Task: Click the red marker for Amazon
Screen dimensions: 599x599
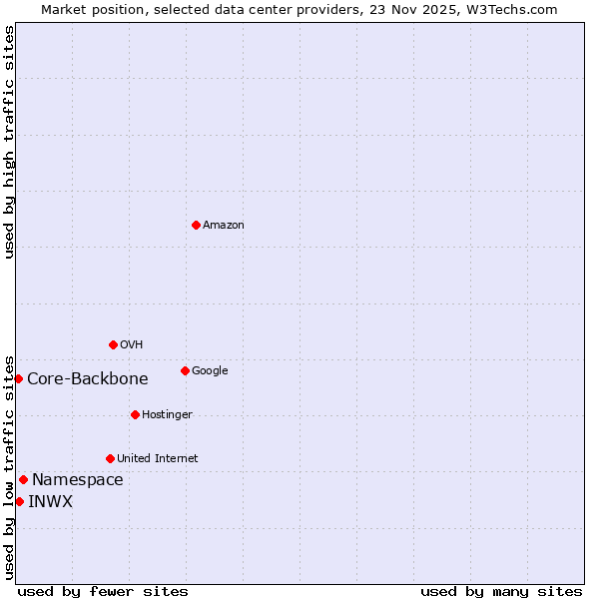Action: [196, 225]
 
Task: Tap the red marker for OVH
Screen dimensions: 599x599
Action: [113, 344]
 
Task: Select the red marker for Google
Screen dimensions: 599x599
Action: [185, 370]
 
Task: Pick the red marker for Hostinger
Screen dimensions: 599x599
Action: [135, 414]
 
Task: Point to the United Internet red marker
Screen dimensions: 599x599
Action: [110, 458]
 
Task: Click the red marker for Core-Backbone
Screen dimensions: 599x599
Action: [18, 378]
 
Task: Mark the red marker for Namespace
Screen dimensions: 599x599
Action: [23, 479]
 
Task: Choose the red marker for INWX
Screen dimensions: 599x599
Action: [19, 501]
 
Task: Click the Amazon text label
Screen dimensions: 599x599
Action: [223, 226]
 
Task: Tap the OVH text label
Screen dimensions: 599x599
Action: [131, 345]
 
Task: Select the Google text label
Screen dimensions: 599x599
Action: [210, 371]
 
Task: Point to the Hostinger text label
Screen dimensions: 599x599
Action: [167, 415]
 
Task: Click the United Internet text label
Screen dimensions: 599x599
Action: [157, 459]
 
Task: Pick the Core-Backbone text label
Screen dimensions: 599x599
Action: [87, 379]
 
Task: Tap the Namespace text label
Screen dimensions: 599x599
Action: [77, 480]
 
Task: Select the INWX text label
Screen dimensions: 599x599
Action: [50, 502]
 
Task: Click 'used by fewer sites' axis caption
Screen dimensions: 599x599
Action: [103, 591]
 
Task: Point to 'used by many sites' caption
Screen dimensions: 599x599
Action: [501, 591]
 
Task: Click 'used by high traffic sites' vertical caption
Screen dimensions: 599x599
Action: [9, 142]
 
